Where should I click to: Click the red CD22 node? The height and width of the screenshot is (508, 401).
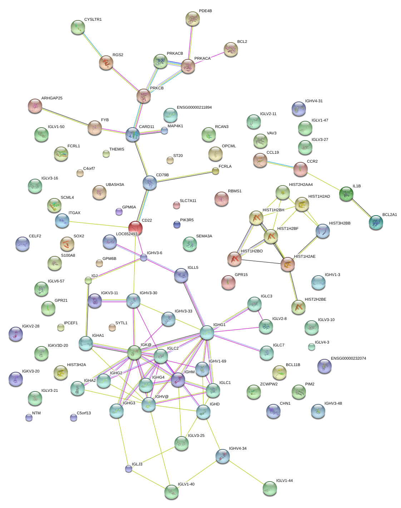coord(135,227)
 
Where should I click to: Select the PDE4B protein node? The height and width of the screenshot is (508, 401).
coord(193,18)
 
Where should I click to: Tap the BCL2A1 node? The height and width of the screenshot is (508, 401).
coord(376,222)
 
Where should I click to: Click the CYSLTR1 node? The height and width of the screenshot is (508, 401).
coord(78,27)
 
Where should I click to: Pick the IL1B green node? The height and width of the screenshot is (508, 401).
coord(346,193)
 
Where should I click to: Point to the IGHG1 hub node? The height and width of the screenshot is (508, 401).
coord(207,332)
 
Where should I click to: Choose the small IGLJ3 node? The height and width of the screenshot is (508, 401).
coord(129,468)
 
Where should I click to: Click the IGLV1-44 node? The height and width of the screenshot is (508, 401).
coord(269,488)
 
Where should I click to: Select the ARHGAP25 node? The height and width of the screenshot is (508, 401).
coord(35,105)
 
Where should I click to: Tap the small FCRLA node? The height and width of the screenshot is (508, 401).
coord(215,171)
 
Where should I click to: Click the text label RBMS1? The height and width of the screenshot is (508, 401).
coord(235,191)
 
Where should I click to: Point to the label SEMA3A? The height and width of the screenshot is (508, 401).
coord(204,236)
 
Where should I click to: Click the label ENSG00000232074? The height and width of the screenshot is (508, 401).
coord(348,359)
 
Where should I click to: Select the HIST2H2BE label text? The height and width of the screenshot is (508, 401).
coord(315,300)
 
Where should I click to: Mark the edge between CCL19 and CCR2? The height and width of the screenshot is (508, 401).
coord(280,164)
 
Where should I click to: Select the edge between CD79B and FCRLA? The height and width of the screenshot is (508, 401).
coord(183,177)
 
